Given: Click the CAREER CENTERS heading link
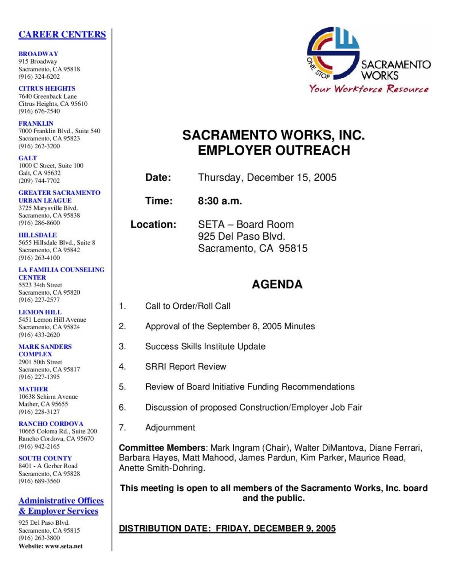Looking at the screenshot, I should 62,35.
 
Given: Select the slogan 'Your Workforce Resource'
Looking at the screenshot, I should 368,89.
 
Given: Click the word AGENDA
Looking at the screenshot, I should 277,284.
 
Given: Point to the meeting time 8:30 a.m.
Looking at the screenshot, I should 220,201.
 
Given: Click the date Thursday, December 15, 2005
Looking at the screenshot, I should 267,178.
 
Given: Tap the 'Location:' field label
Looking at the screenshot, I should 154,225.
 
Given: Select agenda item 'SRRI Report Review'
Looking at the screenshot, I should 186,367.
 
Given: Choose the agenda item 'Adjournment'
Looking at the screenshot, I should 170,428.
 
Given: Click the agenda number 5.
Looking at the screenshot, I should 122,387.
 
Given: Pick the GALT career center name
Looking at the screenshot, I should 28,158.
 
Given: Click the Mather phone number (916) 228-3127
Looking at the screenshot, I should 39,412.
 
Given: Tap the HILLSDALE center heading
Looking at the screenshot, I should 38,235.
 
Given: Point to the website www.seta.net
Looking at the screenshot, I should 65,546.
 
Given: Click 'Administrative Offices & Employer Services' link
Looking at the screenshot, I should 61,506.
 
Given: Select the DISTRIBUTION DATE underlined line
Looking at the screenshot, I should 227,528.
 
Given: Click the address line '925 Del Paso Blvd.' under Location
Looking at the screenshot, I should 242,237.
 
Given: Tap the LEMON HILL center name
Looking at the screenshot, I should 40,312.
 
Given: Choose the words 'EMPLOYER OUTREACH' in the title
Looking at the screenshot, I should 274,151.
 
